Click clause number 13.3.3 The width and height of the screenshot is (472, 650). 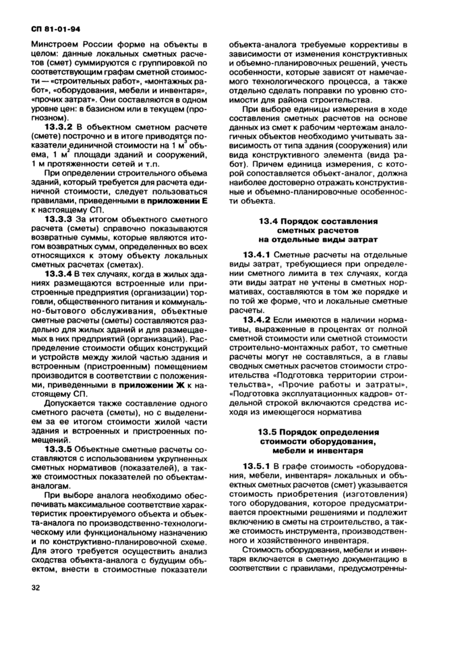click(x=59, y=219)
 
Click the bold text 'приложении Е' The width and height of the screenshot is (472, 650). click(x=170, y=200)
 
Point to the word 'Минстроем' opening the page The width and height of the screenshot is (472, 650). click(x=54, y=45)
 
